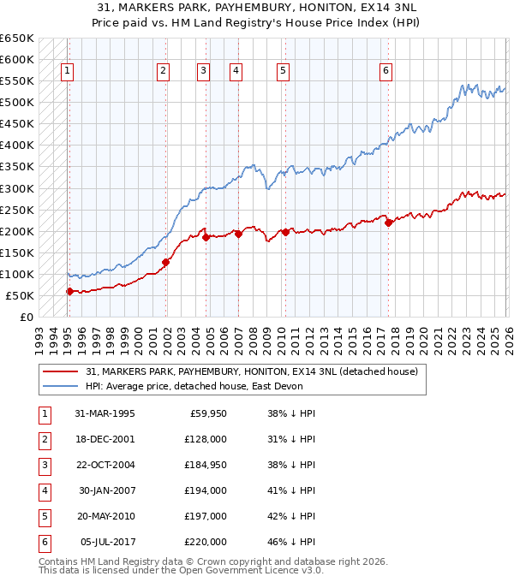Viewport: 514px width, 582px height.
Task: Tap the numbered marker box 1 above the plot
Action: coord(68,71)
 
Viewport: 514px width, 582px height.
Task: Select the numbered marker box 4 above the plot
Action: coord(235,71)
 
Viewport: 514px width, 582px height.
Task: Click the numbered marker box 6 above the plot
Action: coord(386,71)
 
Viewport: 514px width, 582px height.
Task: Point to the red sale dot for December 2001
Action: coord(166,262)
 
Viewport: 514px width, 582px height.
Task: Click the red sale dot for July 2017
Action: coord(388,223)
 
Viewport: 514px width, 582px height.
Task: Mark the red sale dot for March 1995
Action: coord(69,291)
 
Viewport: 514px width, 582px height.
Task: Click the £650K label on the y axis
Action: coord(17,39)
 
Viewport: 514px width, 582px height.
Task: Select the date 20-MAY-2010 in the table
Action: coord(105,517)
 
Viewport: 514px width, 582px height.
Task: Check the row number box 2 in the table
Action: coord(42,440)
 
